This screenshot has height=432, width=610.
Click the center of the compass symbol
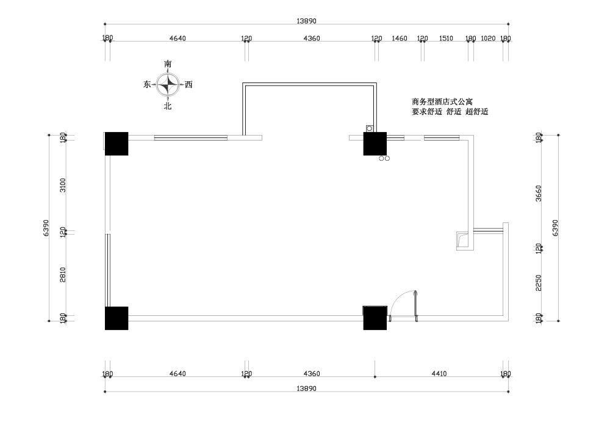tap(168, 84)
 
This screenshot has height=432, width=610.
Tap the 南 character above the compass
tap(168, 64)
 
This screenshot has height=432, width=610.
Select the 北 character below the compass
tap(168, 106)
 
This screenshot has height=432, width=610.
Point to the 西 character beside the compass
tap(188, 84)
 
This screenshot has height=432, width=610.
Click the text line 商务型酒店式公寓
tap(442, 102)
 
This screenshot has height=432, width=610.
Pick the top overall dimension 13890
tap(307, 21)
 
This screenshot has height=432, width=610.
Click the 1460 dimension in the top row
tap(400, 38)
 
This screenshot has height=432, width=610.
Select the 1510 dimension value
tap(447, 38)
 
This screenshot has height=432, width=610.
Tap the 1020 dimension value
tap(488, 38)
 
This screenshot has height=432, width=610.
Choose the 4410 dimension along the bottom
tap(439, 373)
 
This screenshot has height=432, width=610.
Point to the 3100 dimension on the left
tap(63, 185)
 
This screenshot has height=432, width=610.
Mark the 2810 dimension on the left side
tap(63, 274)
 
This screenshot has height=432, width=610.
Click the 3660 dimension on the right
tap(539, 193)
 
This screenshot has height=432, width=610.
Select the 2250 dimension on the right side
tap(539, 283)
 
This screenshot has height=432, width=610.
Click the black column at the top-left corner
tap(117, 144)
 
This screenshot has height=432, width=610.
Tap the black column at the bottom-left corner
tap(117, 318)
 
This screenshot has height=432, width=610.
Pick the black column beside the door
tap(375, 318)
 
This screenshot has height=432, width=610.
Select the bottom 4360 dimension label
tap(312, 373)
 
